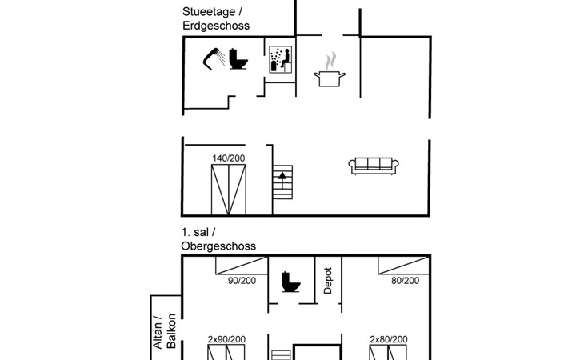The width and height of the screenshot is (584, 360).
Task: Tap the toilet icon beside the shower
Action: point(236,58)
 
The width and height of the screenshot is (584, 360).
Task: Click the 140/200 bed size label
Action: point(229,158)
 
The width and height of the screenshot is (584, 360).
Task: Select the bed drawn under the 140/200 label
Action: point(230,190)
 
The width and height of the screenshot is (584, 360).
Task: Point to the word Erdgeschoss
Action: point(215,26)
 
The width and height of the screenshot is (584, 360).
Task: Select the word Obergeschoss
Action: point(218,246)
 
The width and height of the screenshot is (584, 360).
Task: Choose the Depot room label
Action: point(328,280)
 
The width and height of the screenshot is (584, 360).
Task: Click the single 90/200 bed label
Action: point(242,281)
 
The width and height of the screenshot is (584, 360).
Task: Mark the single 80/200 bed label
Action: point(405,281)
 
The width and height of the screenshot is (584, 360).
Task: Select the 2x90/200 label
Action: point(226,339)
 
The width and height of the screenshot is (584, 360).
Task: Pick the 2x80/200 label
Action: point(389,339)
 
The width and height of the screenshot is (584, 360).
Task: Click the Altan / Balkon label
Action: point(164,330)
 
